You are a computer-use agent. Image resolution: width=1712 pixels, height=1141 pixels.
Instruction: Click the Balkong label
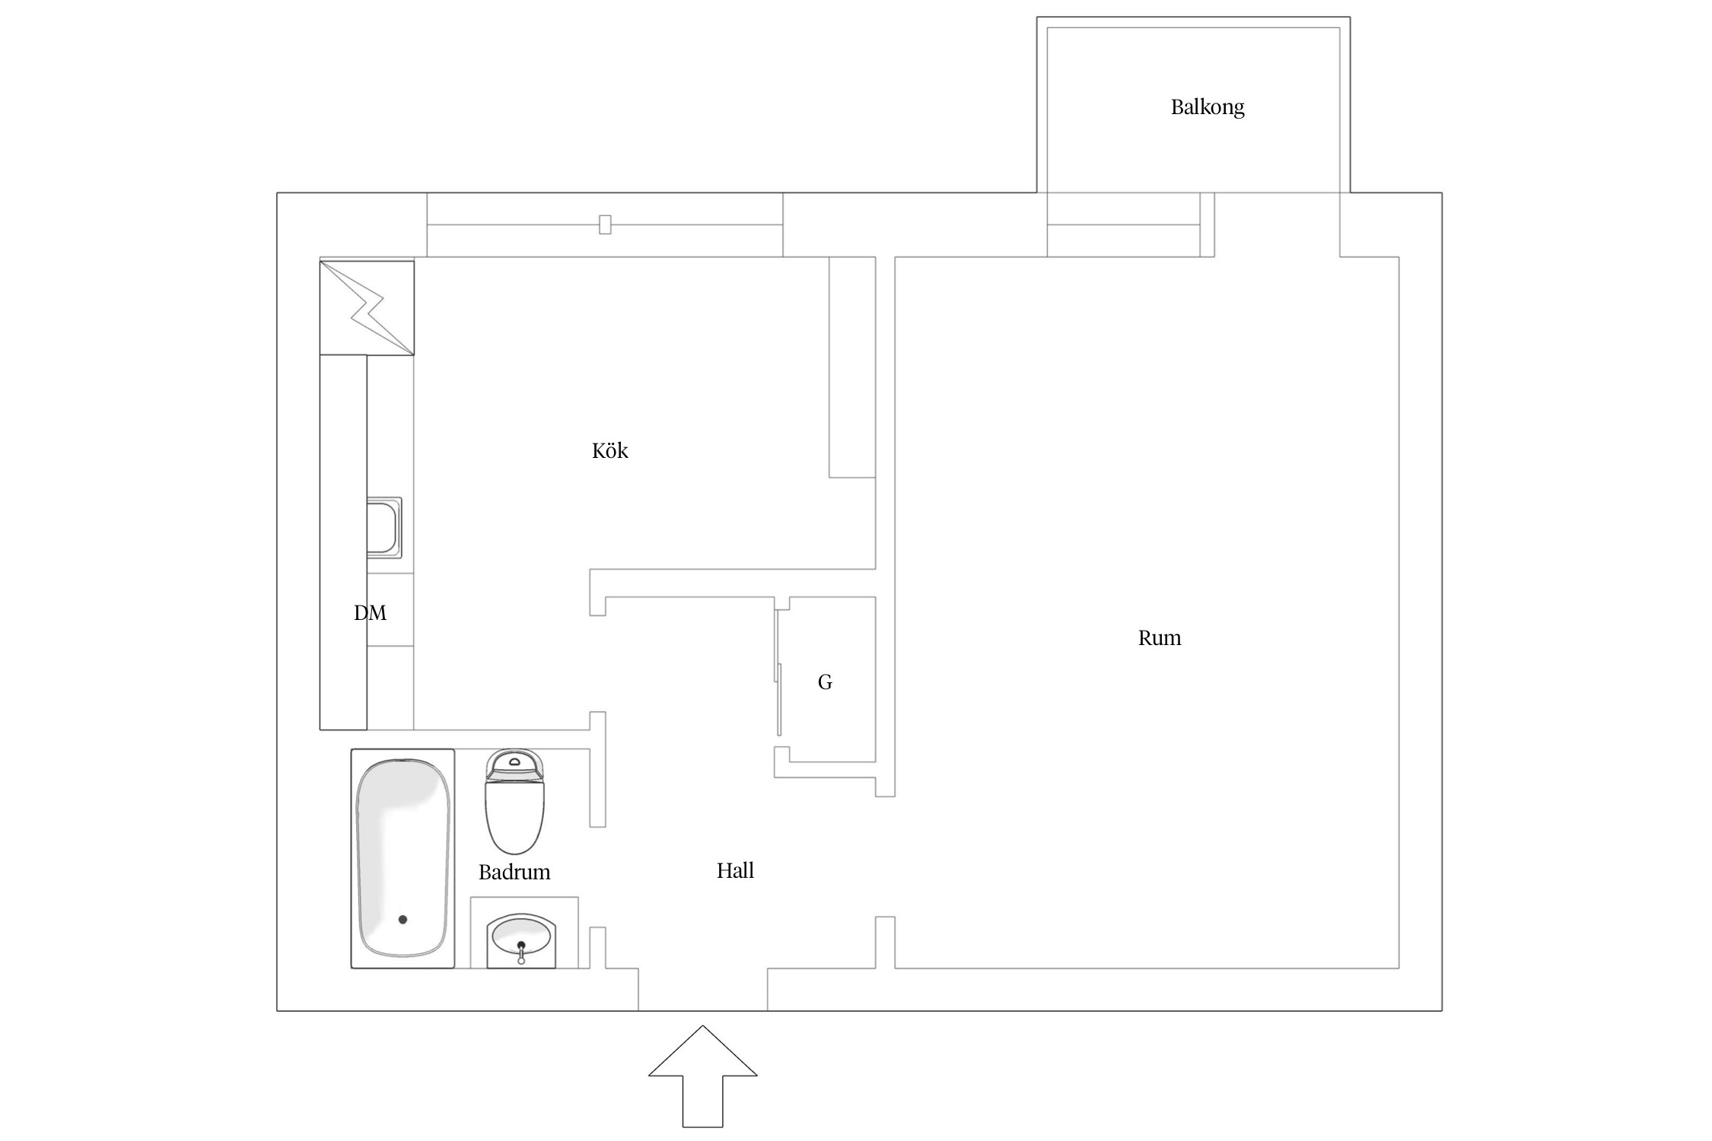pos(1208,107)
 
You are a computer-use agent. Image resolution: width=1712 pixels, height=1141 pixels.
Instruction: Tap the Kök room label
pos(610,450)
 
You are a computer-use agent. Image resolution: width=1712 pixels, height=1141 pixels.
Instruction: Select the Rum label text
pos(1160,637)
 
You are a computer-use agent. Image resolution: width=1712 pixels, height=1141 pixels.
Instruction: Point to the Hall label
pos(735,870)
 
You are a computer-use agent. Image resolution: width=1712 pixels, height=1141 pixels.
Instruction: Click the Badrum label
pos(514,872)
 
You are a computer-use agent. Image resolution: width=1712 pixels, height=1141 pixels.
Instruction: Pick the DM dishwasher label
pos(371,612)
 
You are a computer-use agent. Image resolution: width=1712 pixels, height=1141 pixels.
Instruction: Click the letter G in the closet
pos(825,682)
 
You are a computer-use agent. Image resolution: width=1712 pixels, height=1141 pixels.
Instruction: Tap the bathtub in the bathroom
pos(403,859)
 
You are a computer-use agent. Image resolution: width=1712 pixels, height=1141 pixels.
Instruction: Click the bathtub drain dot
pos(403,920)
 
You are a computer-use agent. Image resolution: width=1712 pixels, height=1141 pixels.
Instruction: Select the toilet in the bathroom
pos(515,802)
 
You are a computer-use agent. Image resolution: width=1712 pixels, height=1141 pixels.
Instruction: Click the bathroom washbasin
pos(521,941)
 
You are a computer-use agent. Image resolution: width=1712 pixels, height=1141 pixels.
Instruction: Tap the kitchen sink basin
pos(383,527)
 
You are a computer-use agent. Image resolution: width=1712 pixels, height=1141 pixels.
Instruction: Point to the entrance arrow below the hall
pos(702,1076)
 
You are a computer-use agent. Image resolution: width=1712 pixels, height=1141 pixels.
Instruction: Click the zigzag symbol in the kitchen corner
pos(368,308)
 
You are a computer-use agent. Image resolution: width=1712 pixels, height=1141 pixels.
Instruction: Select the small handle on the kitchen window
pos(605,224)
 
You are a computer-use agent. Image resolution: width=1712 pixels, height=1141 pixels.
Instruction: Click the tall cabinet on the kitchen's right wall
pos(852,367)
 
